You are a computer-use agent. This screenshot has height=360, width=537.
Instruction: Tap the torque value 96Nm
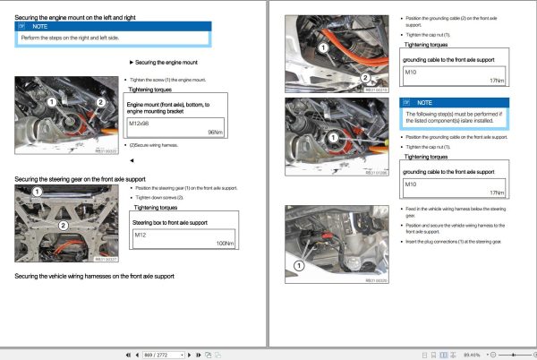[x=214, y=133]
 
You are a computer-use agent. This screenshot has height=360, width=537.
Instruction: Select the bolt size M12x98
[x=141, y=123]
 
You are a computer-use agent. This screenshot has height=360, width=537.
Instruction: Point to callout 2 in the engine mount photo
[x=100, y=103]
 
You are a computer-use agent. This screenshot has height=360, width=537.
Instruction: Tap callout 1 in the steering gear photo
[x=37, y=192]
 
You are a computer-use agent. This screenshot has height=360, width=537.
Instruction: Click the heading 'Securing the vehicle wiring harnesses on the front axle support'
[x=95, y=276]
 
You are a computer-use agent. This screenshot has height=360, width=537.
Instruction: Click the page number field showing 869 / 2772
[x=162, y=355]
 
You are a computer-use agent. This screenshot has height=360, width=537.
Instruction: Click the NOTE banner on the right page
[x=455, y=103]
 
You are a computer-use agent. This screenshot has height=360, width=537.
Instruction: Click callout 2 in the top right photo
[x=364, y=78]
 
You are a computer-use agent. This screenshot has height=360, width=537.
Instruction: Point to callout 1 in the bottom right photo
[x=299, y=265]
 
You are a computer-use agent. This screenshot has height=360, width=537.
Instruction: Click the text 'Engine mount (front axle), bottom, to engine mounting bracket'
[x=168, y=108]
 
